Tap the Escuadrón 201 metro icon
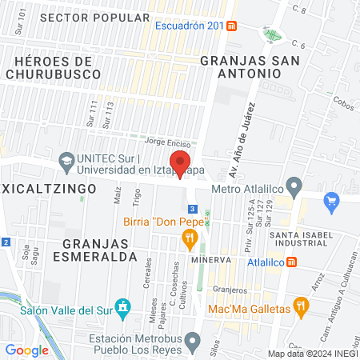click(x=231, y=26)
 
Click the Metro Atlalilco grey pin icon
click(x=294, y=189)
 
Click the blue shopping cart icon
click(x=330, y=202)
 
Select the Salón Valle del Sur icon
click(x=122, y=306)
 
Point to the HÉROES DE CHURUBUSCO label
click(x=53, y=67)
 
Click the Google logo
click(x=26, y=350)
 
